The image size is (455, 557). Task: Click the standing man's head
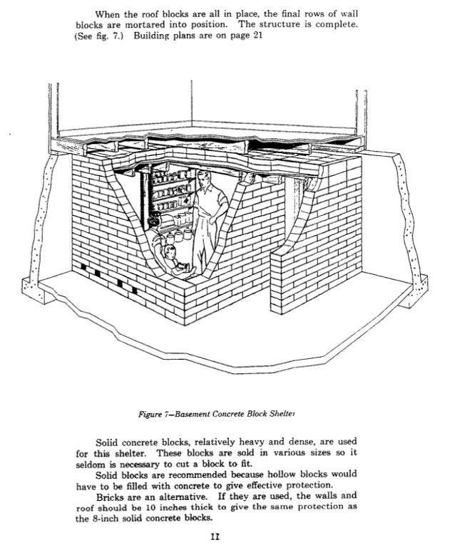[205, 179]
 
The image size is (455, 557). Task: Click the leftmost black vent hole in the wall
[87, 268]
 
